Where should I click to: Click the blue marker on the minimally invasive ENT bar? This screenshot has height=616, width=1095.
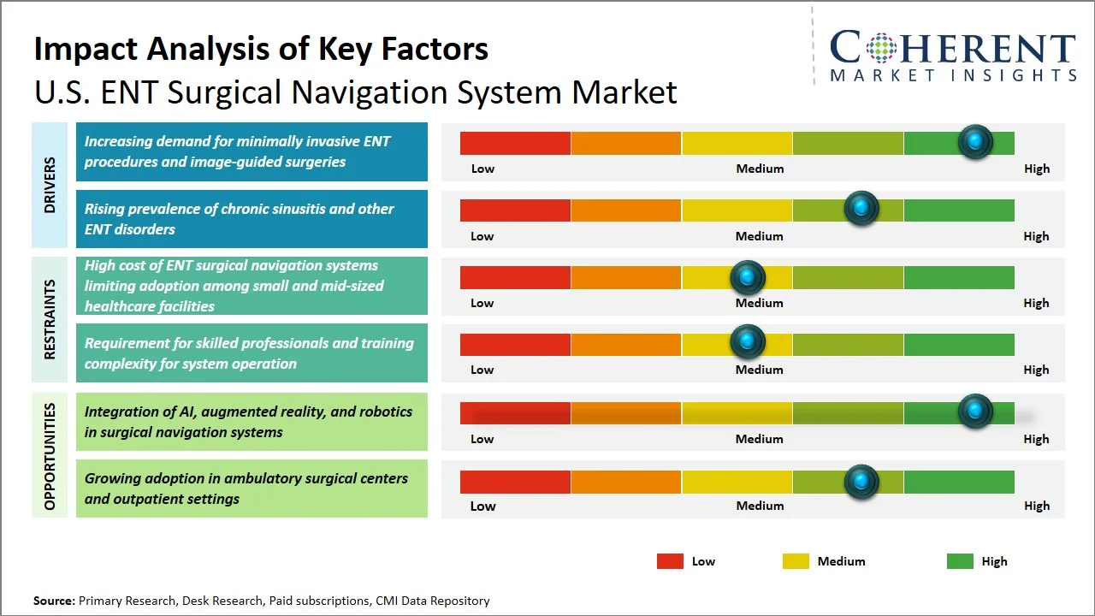click(975, 142)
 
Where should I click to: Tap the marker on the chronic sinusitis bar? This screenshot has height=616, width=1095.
click(861, 209)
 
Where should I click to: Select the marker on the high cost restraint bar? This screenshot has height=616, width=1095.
click(748, 277)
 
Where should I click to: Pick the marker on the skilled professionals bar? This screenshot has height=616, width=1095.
click(748, 342)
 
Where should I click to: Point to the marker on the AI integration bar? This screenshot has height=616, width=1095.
click(975, 412)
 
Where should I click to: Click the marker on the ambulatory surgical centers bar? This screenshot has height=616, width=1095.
click(861, 482)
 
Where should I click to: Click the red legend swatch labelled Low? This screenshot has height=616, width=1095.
click(670, 561)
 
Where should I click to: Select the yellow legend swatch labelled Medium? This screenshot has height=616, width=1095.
click(796, 561)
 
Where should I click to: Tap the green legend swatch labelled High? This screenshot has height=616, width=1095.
click(960, 561)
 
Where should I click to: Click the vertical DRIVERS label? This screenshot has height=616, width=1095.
click(50, 185)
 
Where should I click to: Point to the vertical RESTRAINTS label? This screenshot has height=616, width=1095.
click(50, 319)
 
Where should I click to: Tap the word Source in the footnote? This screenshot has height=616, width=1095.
click(54, 601)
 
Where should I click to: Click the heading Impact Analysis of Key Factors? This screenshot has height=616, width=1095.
click(261, 49)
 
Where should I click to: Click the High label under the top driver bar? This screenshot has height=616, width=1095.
click(1037, 169)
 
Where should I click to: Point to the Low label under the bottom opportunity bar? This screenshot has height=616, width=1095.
click(482, 506)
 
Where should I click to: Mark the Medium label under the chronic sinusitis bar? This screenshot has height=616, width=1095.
click(760, 236)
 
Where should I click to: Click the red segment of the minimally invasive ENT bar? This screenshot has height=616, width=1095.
click(515, 143)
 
